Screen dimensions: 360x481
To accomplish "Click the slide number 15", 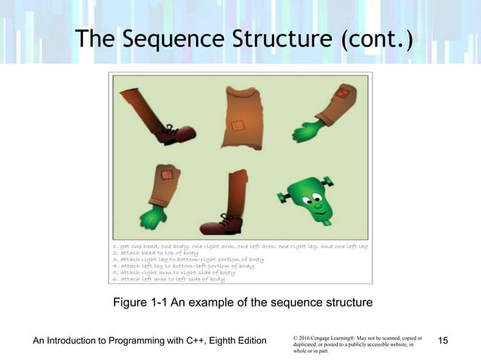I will click(x=443, y=342).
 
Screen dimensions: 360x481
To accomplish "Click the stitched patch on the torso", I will click(x=237, y=126).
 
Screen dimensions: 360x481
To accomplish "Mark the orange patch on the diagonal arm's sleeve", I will click(x=342, y=96).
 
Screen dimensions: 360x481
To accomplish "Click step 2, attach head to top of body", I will click(x=155, y=253).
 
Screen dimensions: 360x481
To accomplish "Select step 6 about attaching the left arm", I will click(x=168, y=279).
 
